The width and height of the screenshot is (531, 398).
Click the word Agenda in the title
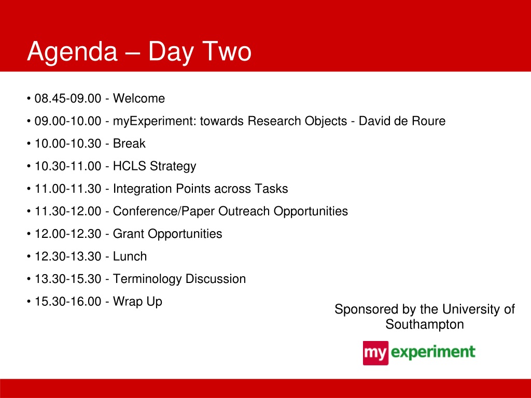click(72, 52)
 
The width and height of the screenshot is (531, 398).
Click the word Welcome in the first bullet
click(139, 98)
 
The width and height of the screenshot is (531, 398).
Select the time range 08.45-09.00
click(68, 98)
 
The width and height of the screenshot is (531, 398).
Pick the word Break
click(129, 144)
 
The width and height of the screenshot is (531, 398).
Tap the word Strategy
click(173, 166)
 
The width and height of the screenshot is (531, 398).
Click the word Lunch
click(130, 257)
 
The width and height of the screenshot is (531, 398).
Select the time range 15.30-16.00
click(68, 302)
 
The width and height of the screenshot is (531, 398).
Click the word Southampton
click(425, 324)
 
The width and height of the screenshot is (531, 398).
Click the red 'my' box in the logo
click(375, 353)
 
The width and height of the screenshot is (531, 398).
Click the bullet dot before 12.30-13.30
click(29, 257)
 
